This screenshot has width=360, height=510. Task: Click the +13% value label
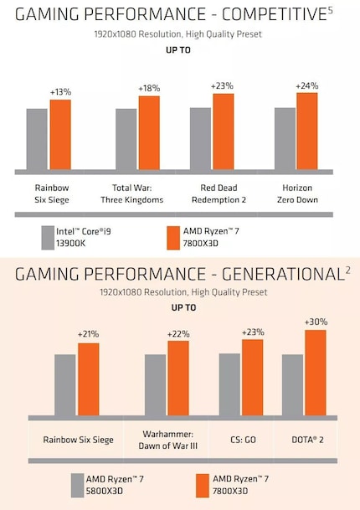point(59,92)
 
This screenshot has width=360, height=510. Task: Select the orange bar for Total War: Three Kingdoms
point(149,133)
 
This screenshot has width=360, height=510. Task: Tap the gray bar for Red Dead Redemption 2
point(200,138)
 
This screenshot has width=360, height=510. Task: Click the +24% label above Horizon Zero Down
point(306,85)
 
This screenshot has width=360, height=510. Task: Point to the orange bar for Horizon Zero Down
point(307,131)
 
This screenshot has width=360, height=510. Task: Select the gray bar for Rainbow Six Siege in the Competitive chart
point(37,139)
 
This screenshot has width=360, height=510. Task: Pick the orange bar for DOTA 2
point(315,372)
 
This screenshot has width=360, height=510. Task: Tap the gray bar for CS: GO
point(229,384)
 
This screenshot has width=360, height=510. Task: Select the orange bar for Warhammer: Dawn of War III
point(178,376)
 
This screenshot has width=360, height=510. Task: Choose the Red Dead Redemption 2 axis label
point(221,194)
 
